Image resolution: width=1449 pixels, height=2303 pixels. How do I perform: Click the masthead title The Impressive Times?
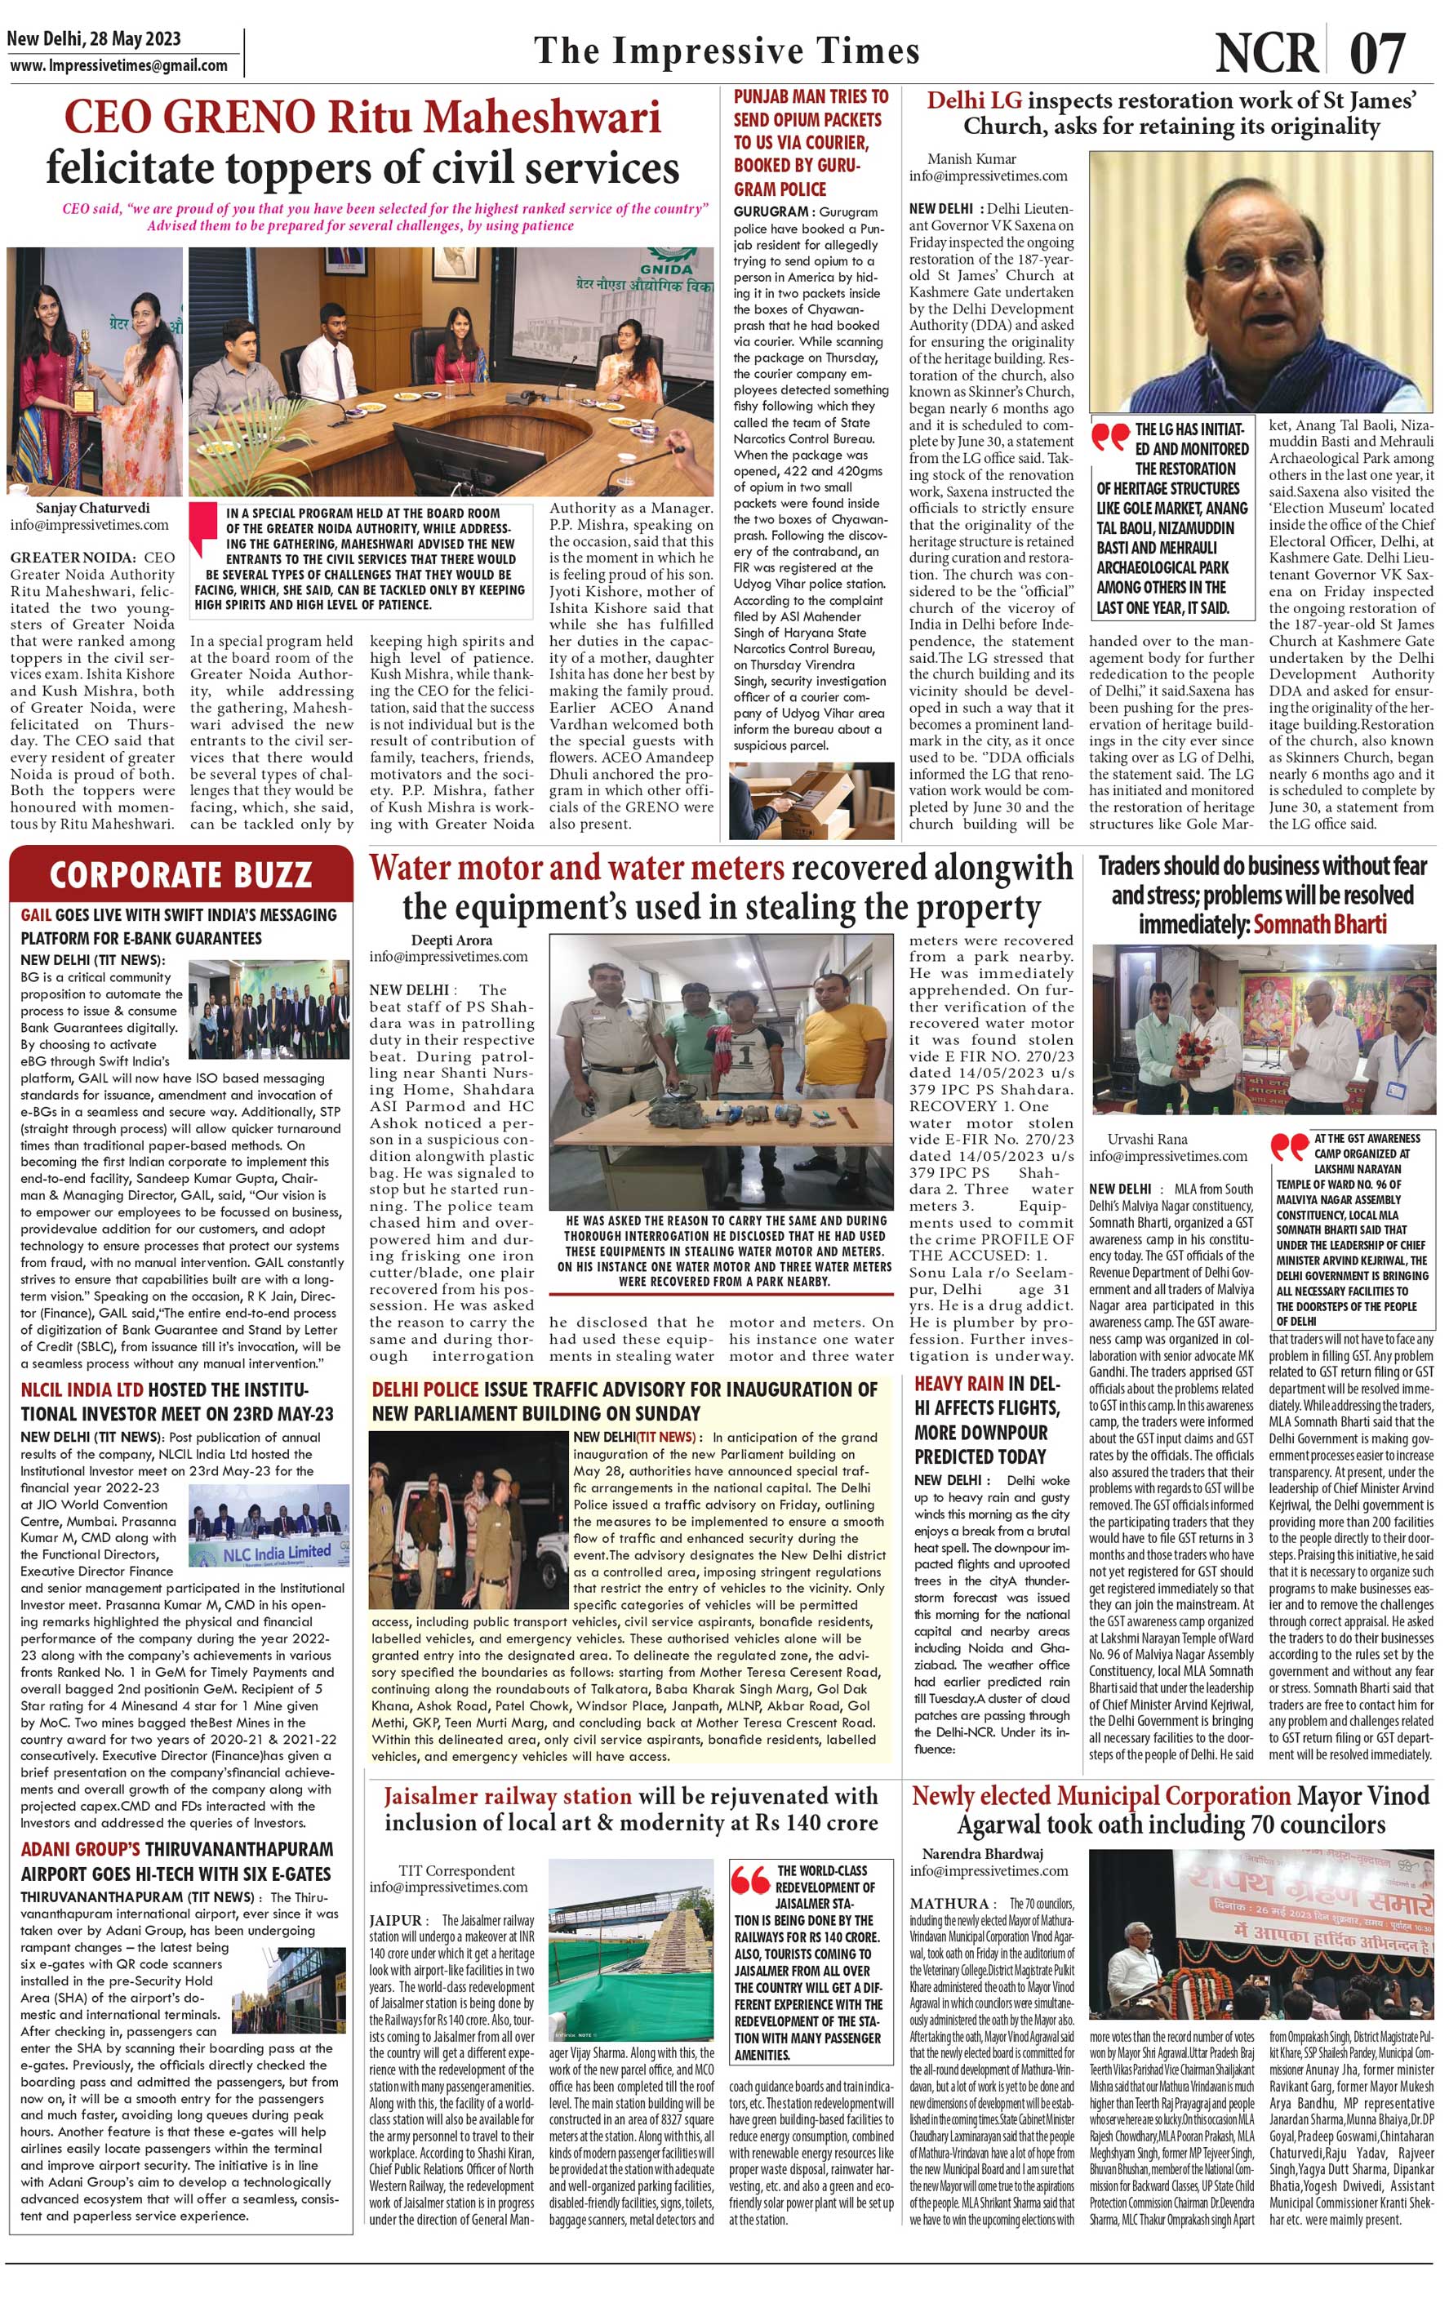point(727,51)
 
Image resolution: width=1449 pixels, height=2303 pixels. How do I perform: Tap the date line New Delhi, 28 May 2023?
point(94,39)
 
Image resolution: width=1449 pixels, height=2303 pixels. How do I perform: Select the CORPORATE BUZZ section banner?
point(180,874)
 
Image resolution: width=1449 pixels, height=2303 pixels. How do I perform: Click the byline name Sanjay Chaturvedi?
point(93,508)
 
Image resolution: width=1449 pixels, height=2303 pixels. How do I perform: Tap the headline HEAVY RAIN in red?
point(958,1383)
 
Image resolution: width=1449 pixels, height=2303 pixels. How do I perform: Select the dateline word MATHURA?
point(949,1903)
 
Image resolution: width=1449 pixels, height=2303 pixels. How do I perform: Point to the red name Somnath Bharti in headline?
point(1319,924)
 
